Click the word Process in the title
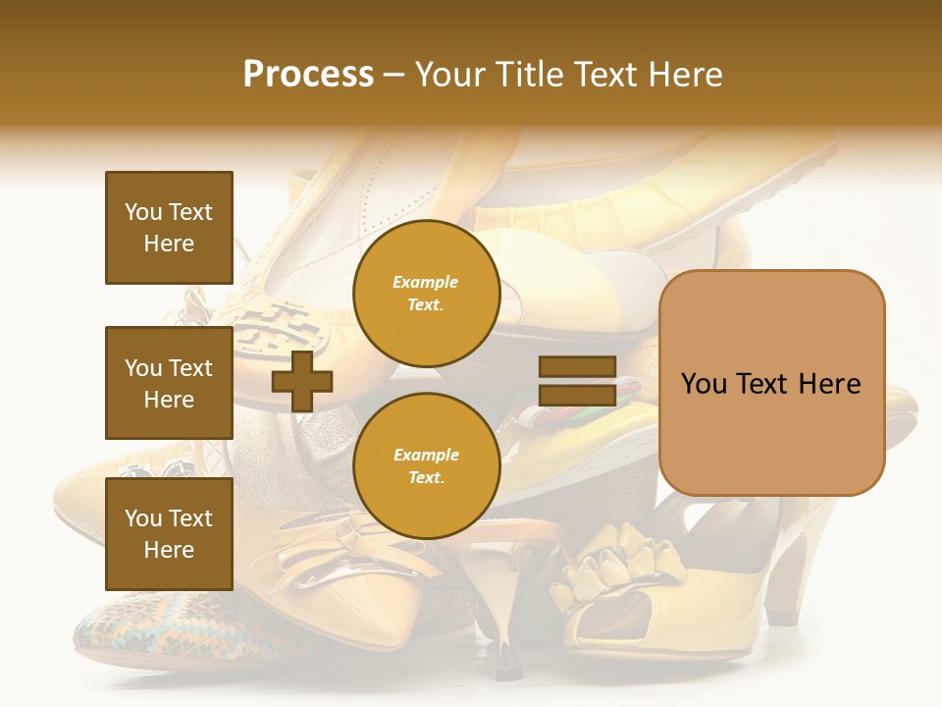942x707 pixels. (x=308, y=75)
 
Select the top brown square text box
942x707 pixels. (x=169, y=228)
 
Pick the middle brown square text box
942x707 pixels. (x=169, y=383)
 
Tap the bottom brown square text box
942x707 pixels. (x=169, y=534)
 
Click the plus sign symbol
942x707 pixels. (x=301, y=382)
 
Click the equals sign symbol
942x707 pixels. (x=577, y=382)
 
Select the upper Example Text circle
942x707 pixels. (x=426, y=294)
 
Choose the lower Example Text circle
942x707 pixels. (x=426, y=465)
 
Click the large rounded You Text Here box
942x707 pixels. (x=771, y=383)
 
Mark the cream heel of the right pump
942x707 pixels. (x=790, y=579)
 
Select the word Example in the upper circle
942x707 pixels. (x=426, y=283)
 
